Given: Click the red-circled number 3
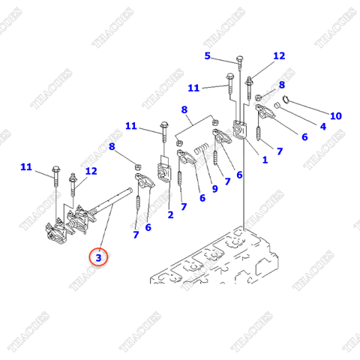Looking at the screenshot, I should pyautogui.click(x=99, y=257).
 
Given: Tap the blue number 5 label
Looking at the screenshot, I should pyautogui.click(x=208, y=56).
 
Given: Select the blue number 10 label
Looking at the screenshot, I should pyautogui.click(x=335, y=115).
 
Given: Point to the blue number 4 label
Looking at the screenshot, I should pyautogui.click(x=323, y=126).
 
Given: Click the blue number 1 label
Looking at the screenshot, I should pyautogui.click(x=264, y=160).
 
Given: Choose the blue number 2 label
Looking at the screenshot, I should pyautogui.click(x=170, y=215).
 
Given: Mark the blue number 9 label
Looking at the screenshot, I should pyautogui.click(x=214, y=189).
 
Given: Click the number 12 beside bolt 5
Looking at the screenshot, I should pyautogui.click(x=279, y=56).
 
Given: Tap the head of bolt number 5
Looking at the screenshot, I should pyautogui.click(x=238, y=59).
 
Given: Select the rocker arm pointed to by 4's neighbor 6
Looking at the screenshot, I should pyautogui.click(x=266, y=113).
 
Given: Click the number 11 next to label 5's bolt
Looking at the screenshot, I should pyautogui.click(x=193, y=88).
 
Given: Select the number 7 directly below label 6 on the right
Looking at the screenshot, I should pyautogui.click(x=279, y=151).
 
